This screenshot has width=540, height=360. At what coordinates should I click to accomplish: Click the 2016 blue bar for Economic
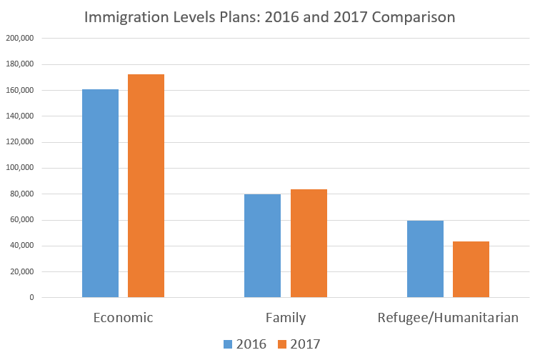pyautogui.click(x=100, y=193)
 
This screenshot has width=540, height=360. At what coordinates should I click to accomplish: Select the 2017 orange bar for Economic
pyautogui.click(x=146, y=186)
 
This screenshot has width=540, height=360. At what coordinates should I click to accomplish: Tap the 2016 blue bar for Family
pyautogui.click(x=262, y=246)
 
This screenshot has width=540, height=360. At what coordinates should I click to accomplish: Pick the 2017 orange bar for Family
pyautogui.click(x=309, y=243)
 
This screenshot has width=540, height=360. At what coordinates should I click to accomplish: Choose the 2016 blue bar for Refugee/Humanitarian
pyautogui.click(x=425, y=259)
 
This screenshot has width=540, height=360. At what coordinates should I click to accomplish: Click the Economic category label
pyautogui.click(x=123, y=318)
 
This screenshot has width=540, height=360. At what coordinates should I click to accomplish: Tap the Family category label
pyautogui.click(x=285, y=318)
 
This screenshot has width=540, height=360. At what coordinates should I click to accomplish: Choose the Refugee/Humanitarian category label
pyautogui.click(x=448, y=318)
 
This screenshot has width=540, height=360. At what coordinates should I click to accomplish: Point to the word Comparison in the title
pyautogui.click(x=411, y=16)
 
